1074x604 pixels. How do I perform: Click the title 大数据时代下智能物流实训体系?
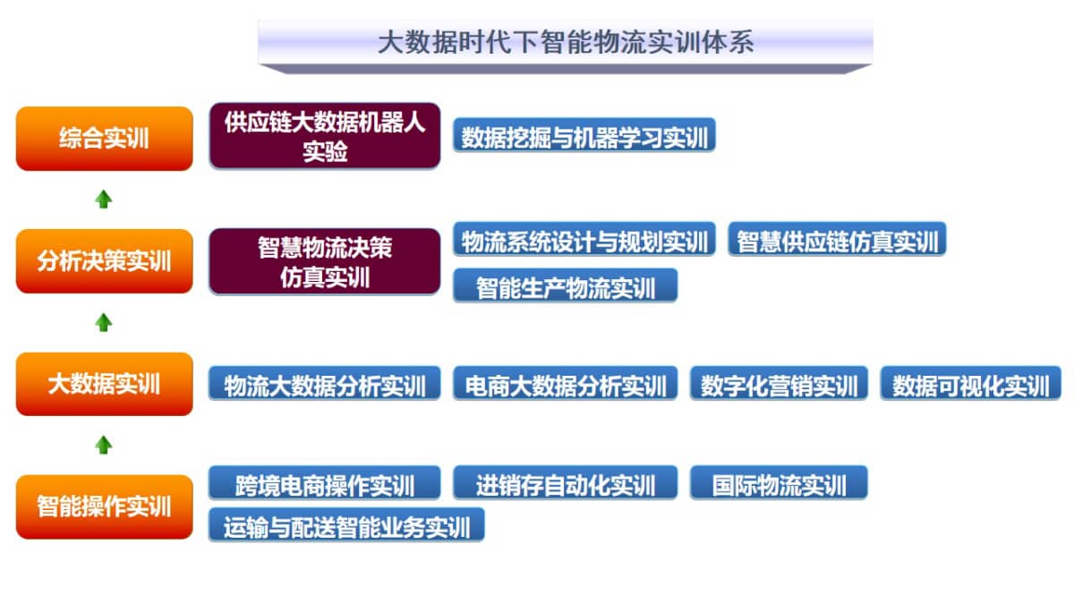pyautogui.click(x=566, y=42)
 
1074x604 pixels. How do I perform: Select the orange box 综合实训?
pyautogui.click(x=105, y=139)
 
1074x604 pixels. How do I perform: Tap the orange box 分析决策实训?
pyautogui.click(x=105, y=261)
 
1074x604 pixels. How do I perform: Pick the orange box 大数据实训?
pyautogui.click(x=105, y=384)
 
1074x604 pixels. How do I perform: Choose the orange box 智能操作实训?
pyautogui.click(x=105, y=506)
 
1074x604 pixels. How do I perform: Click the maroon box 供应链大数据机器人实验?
pyautogui.click(x=325, y=136)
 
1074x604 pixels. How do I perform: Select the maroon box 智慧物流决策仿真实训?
pyautogui.click(x=325, y=261)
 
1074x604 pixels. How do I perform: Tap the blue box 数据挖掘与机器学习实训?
pyautogui.click(x=584, y=135)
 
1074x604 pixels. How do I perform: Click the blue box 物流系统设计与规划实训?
pyautogui.click(x=584, y=239)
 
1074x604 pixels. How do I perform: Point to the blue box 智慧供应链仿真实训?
pyautogui.click(x=837, y=239)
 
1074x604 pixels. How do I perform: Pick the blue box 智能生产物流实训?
pyautogui.click(x=566, y=285)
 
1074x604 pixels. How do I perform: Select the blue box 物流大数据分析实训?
pyautogui.click(x=325, y=383)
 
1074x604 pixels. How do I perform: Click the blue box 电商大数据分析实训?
pyautogui.click(x=566, y=383)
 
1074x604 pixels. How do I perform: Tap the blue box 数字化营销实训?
pyautogui.click(x=780, y=383)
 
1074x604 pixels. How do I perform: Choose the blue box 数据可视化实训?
pyautogui.click(x=971, y=383)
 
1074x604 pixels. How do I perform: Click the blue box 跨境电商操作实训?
pyautogui.click(x=325, y=482)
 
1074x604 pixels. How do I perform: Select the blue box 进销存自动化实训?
pyautogui.click(x=566, y=482)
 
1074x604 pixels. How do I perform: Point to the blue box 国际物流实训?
pyautogui.click(x=780, y=482)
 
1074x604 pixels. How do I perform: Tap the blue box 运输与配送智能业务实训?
pyautogui.click(x=346, y=525)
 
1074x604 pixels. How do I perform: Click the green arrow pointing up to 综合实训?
pyautogui.click(x=104, y=200)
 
